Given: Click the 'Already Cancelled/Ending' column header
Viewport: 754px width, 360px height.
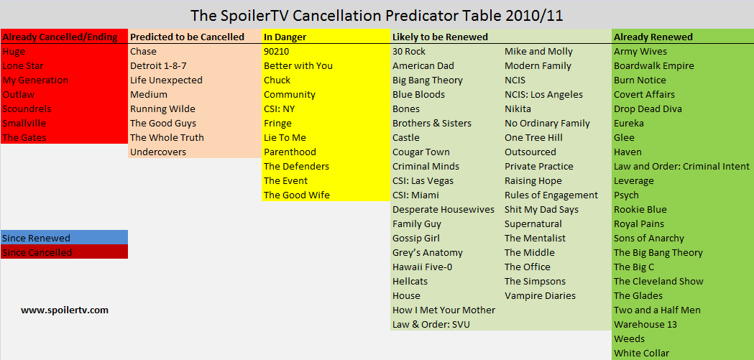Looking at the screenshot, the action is (x=60, y=37).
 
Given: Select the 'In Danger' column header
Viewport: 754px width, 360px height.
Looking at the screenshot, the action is (x=285, y=37).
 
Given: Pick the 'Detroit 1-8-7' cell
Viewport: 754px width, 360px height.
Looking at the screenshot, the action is (x=157, y=66).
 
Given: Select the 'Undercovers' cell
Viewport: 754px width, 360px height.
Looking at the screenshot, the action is (x=158, y=152).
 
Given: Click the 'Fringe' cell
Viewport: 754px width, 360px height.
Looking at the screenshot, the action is (x=278, y=124).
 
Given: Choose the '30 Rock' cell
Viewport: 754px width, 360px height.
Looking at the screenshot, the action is (x=409, y=52).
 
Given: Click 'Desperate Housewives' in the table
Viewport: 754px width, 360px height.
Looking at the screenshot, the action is (x=443, y=210).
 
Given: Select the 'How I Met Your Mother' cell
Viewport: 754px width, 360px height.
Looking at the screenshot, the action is (x=443, y=310).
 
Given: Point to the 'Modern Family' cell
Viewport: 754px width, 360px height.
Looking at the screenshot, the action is (x=538, y=66).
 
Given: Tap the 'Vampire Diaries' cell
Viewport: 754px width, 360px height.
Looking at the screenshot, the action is (x=540, y=295).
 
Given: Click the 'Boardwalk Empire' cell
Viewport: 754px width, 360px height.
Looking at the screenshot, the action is (x=654, y=66).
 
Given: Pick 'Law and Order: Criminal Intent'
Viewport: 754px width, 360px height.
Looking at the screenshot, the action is (x=682, y=166).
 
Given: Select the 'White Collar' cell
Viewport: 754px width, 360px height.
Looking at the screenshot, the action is (x=641, y=354).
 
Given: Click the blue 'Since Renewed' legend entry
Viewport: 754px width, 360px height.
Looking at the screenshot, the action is (x=65, y=237).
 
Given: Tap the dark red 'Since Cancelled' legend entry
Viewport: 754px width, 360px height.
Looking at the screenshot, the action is (x=65, y=251).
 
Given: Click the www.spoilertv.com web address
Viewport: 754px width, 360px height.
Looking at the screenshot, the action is (x=65, y=310).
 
